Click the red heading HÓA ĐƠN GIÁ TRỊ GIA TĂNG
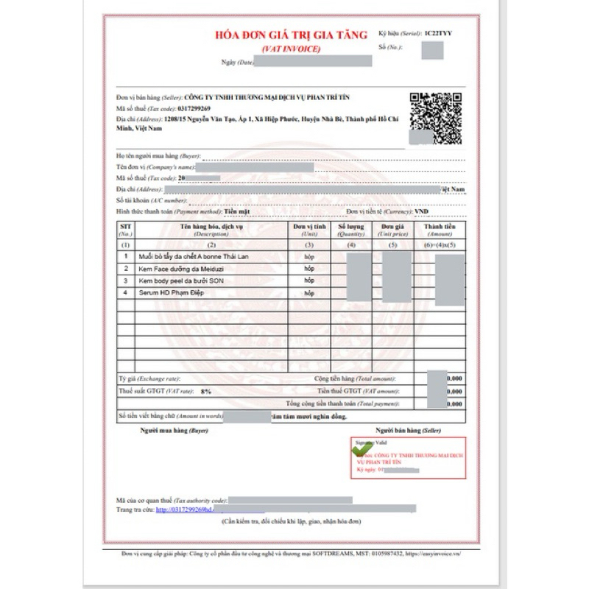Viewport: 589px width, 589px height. (291, 35)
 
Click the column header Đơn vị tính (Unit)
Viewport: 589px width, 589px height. (309, 230)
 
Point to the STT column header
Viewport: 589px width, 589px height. (125, 230)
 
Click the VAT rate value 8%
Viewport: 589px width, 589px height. (206, 391)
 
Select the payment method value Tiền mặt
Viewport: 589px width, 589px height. (236, 211)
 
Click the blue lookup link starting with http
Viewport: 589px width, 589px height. (184, 509)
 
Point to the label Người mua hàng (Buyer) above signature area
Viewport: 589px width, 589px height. (169, 429)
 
